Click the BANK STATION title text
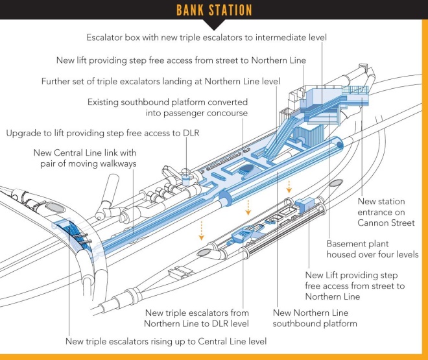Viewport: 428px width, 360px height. pos(214,10)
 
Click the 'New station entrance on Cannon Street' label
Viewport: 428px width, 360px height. pos(386,211)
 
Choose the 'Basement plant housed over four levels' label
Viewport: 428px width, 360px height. pos(372,249)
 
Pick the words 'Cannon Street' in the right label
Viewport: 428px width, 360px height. pos(386,223)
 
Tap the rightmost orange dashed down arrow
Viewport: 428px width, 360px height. pos(289,187)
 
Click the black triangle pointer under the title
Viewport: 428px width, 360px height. pos(214,25)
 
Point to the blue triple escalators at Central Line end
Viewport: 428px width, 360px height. pos(71,234)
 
